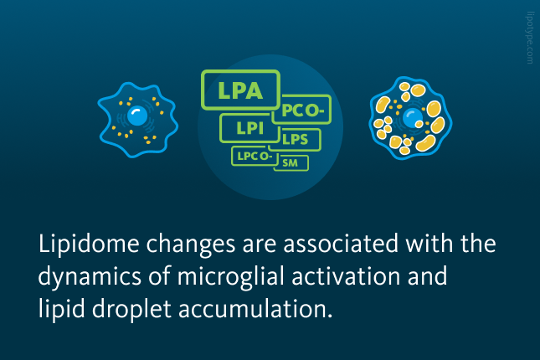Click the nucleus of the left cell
(x=137, y=116)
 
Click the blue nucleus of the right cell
(x=413, y=118)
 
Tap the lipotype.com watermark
(x=530, y=38)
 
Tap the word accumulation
(x=255, y=309)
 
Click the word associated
(x=341, y=244)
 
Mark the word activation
(x=346, y=276)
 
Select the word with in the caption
(x=429, y=244)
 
